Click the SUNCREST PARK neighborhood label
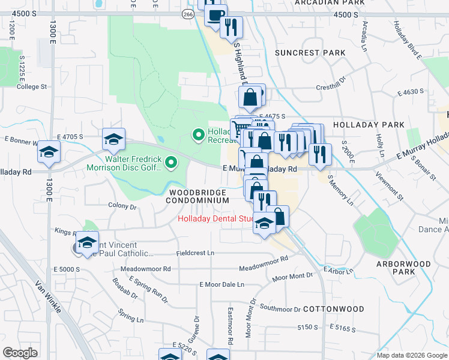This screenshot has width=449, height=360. [x=310, y=53]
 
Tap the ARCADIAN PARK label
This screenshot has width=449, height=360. [x=330, y=3]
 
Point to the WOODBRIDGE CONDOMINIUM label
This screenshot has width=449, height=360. [x=198, y=196]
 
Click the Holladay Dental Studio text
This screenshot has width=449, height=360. [x=216, y=219]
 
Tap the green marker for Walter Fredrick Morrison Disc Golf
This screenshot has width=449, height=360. [x=172, y=162]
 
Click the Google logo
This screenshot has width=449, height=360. [x=20, y=353]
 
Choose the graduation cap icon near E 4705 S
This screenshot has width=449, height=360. [x=113, y=140]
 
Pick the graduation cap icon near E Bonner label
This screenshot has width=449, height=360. [x=49, y=152]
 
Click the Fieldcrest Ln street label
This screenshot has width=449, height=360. [x=195, y=253]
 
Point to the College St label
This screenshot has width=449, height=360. [x=32, y=87]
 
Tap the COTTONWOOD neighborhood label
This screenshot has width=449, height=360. [x=333, y=309]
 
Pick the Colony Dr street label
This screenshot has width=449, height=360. [x=122, y=206]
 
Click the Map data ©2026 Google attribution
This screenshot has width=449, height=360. [x=411, y=355]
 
